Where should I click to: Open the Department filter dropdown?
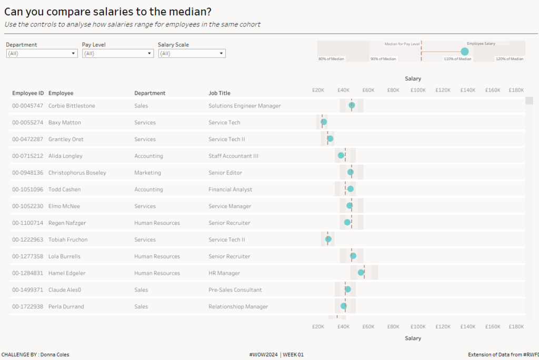pos(42,53)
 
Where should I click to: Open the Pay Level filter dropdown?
pos(118,53)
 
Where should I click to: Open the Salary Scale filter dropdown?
pos(192,53)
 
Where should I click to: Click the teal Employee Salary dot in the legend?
pos(464,52)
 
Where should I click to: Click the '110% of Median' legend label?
pos(457,59)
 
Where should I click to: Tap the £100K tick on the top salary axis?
pos(418,90)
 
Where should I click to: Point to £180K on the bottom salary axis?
pos(516,327)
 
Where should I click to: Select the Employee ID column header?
pos(28,93)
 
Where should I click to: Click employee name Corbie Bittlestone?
pos(72,106)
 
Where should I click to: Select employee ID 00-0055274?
pos(28,123)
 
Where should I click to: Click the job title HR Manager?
pos(224,273)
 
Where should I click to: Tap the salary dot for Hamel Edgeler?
pos(361,273)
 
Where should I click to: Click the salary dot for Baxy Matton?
pos(324,122)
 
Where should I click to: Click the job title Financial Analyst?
pos(230,189)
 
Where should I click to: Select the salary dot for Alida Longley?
pos(341,155)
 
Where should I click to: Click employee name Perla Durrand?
pos(66,307)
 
